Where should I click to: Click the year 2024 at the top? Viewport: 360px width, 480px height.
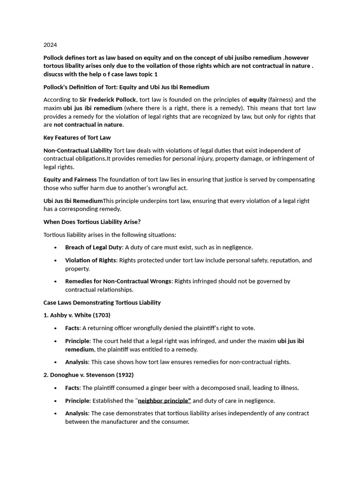tap(50, 45)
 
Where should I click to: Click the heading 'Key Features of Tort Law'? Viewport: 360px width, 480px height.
tap(77, 137)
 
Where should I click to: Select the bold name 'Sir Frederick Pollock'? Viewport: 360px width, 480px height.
tap(108, 100)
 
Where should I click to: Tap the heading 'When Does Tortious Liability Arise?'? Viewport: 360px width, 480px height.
tap(92, 222)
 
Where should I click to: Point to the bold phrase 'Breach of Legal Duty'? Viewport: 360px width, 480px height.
tap(93, 247)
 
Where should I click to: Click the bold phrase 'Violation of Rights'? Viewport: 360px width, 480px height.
tap(90, 260)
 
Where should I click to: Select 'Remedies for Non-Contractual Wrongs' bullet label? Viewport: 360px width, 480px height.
tap(118, 281)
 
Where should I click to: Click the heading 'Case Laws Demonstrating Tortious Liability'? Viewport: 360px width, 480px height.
tap(102, 302)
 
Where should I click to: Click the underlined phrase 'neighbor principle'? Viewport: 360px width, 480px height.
tap(164, 401)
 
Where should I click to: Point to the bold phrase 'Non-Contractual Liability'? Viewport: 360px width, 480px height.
tap(78, 150)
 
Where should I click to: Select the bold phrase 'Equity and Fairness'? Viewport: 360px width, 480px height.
tap(70, 180)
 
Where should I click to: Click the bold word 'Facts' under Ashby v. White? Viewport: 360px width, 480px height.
tap(72, 328)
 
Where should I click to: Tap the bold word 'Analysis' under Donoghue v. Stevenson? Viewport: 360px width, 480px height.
tap(76, 413)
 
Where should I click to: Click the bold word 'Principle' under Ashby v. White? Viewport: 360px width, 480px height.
tap(77, 341)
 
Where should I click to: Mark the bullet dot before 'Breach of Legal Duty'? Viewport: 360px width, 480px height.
tap(56, 247)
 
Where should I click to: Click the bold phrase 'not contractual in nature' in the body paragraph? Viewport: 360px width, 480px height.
tap(88, 125)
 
